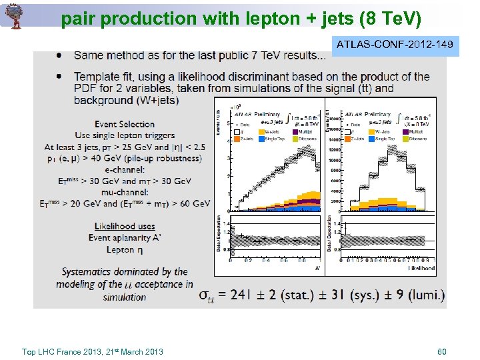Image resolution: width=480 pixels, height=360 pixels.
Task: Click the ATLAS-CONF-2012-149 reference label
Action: [395, 45]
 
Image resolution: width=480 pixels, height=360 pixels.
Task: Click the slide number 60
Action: [441, 351]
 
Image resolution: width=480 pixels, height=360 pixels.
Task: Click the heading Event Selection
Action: [125, 124]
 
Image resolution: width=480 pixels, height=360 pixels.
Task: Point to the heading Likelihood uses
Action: [125, 227]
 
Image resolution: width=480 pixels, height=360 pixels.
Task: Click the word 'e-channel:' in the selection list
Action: [125, 169]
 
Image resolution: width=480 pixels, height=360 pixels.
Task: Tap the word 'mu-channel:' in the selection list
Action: [125, 192]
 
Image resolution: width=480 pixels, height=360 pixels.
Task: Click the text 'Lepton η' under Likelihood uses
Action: [125, 249]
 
